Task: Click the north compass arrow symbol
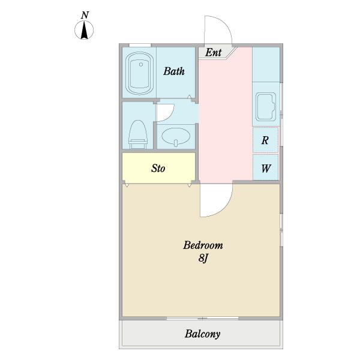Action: [x=84, y=30]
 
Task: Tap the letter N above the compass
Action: [x=85, y=15]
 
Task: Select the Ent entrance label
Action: [x=213, y=52]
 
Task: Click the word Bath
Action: [x=174, y=71]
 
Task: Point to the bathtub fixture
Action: [x=139, y=73]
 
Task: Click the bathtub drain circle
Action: [x=141, y=65]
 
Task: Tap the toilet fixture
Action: [x=138, y=134]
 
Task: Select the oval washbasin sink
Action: [x=176, y=137]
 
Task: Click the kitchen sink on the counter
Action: [x=266, y=107]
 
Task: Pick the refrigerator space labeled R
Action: [x=265, y=140]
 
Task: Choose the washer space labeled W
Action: [x=265, y=167]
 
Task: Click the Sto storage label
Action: [x=158, y=168]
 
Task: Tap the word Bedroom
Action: [x=203, y=245]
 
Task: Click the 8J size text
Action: [x=203, y=258]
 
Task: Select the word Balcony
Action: [x=203, y=334]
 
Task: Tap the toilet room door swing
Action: [x=170, y=116]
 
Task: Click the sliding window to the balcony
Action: [x=202, y=319]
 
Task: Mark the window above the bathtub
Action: [x=140, y=45]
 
